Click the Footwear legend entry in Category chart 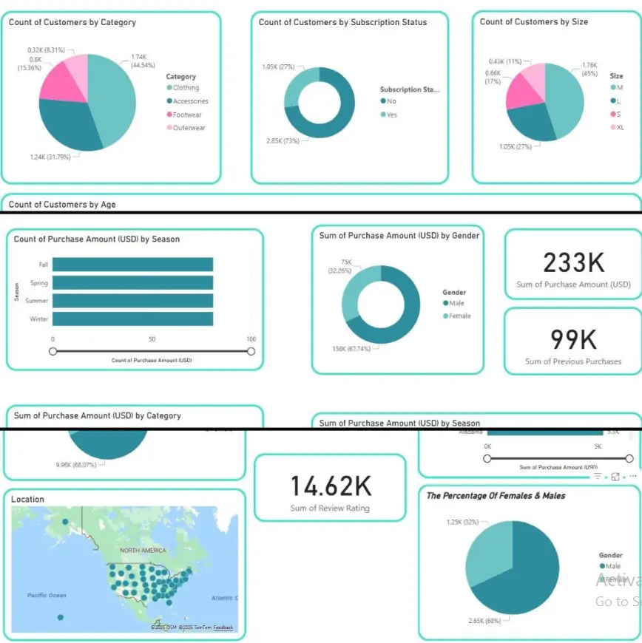pyautogui.click(x=186, y=115)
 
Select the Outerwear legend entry pyautogui.click(x=189, y=128)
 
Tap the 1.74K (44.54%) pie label pyautogui.click(x=143, y=61)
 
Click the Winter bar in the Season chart pyautogui.click(x=132, y=319)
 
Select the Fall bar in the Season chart pyautogui.click(x=132, y=265)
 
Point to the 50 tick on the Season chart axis pyautogui.click(x=152, y=339)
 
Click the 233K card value pyautogui.click(x=573, y=262)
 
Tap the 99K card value pyautogui.click(x=573, y=339)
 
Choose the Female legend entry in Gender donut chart pyautogui.click(x=459, y=316)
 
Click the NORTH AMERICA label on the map pyautogui.click(x=143, y=551)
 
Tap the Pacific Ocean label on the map pyautogui.click(x=47, y=595)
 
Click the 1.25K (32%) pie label pyautogui.click(x=443, y=522)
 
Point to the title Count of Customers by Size pyautogui.click(x=534, y=22)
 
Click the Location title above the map pyautogui.click(x=27, y=500)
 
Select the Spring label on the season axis pyautogui.click(x=39, y=283)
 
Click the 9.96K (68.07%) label pyautogui.click(x=77, y=465)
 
